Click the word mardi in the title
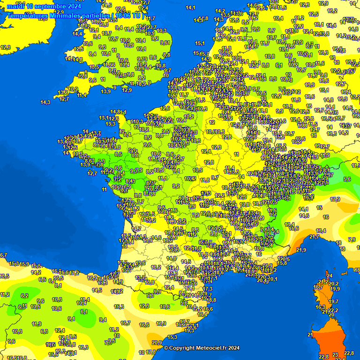(x=15, y=7)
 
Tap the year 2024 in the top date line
(x=73, y=7)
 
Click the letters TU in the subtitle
(x=136, y=15)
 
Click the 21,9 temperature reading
(x=301, y=250)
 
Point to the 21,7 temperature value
(x=314, y=237)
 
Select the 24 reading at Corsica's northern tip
(x=330, y=276)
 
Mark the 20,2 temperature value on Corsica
(x=333, y=284)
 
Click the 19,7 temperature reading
(x=334, y=302)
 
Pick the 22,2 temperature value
(x=333, y=310)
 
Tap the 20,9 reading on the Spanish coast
(x=157, y=343)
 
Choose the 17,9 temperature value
(x=335, y=199)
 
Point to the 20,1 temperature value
(x=273, y=279)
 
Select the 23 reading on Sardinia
(x=335, y=355)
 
